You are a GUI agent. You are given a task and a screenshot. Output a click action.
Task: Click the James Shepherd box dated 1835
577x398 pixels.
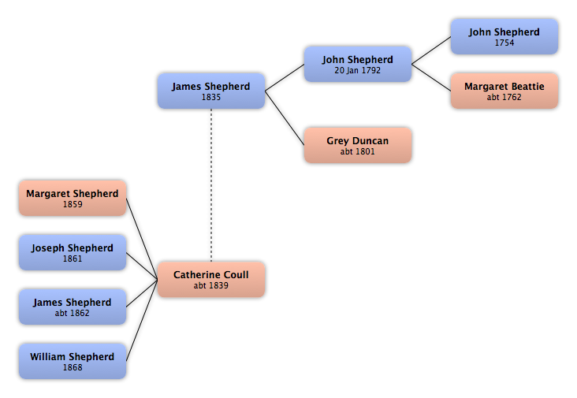tap(211, 91)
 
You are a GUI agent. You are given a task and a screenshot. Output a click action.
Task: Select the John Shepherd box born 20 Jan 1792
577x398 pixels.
tap(358, 64)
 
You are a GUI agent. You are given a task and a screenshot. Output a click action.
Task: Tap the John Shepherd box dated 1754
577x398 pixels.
tap(504, 37)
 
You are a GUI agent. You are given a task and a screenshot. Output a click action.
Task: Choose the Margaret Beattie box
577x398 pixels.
tap(504, 91)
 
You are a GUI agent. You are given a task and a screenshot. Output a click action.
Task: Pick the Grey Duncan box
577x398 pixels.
tap(358, 145)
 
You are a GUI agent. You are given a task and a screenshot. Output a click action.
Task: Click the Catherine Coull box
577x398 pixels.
tap(211, 280)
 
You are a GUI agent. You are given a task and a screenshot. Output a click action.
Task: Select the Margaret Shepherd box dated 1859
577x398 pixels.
tap(73, 199)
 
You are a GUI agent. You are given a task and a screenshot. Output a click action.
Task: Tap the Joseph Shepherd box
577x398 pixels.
tap(73, 253)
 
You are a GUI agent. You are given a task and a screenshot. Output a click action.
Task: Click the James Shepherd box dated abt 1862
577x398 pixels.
tap(73, 307)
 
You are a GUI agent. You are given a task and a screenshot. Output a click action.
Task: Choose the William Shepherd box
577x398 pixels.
tap(73, 361)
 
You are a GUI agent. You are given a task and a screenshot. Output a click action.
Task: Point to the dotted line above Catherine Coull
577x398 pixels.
tap(211, 185)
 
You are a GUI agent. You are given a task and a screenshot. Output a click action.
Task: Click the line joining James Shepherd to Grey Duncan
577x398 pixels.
tap(285, 118)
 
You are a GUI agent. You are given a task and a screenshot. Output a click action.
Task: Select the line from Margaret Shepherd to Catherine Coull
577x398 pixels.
tap(142, 239)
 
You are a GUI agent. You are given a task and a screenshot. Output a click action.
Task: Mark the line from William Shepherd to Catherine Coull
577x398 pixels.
tap(142, 321)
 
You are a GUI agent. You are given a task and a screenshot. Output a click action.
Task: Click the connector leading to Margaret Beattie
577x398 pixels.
tap(431, 77)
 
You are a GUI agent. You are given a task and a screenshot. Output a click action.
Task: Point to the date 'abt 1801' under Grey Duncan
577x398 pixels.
tap(357, 151)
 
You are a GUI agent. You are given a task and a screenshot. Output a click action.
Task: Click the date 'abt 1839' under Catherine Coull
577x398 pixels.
tap(210, 285)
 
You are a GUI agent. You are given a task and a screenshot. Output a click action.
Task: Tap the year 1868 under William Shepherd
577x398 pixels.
tap(73, 367)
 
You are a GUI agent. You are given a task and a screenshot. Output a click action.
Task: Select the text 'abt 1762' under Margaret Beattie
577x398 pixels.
tap(504, 97)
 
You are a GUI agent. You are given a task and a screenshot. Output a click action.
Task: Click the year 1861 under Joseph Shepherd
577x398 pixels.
tap(73, 259)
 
